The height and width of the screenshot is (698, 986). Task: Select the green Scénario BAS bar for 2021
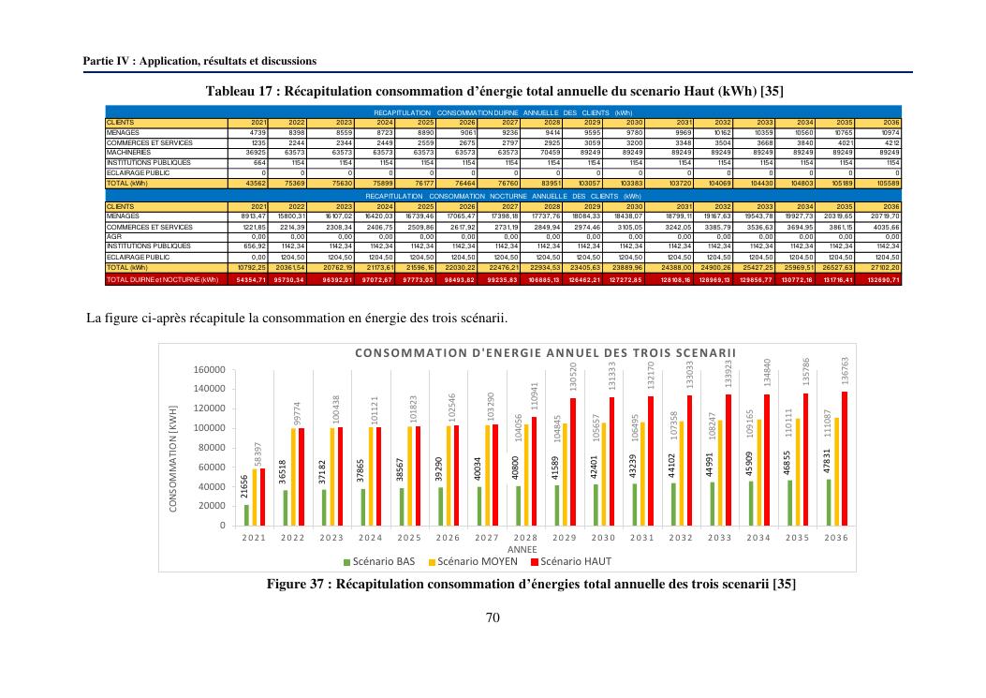pyautogui.click(x=246, y=514)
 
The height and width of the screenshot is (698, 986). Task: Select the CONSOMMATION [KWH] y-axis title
pyautogui.click(x=173, y=458)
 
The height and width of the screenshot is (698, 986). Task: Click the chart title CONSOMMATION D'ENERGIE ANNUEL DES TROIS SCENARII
pyautogui.click(x=546, y=352)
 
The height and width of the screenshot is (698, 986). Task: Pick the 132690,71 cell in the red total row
pyautogui.click(x=883, y=279)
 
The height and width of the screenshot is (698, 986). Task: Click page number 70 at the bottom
pyautogui.click(x=493, y=616)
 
